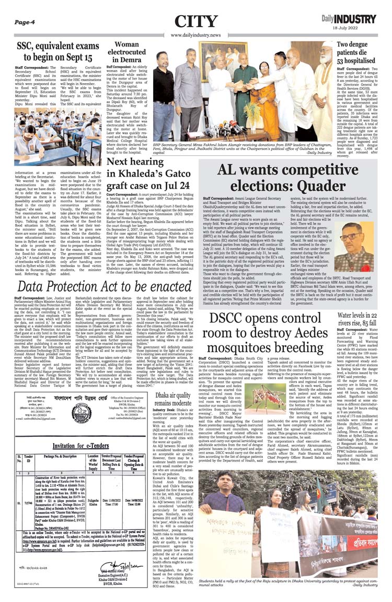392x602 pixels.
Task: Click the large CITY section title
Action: tap(196, 21)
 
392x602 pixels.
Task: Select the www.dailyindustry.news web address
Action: tap(196, 35)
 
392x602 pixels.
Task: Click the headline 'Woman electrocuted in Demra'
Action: tap(126, 52)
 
